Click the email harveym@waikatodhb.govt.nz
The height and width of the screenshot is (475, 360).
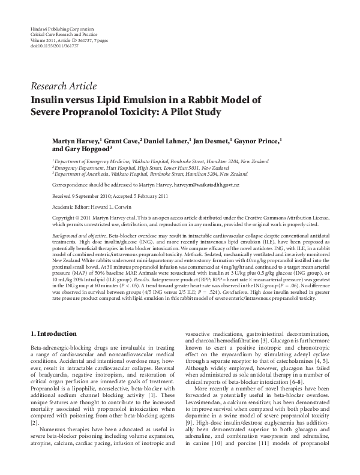(x=206, y=186)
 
